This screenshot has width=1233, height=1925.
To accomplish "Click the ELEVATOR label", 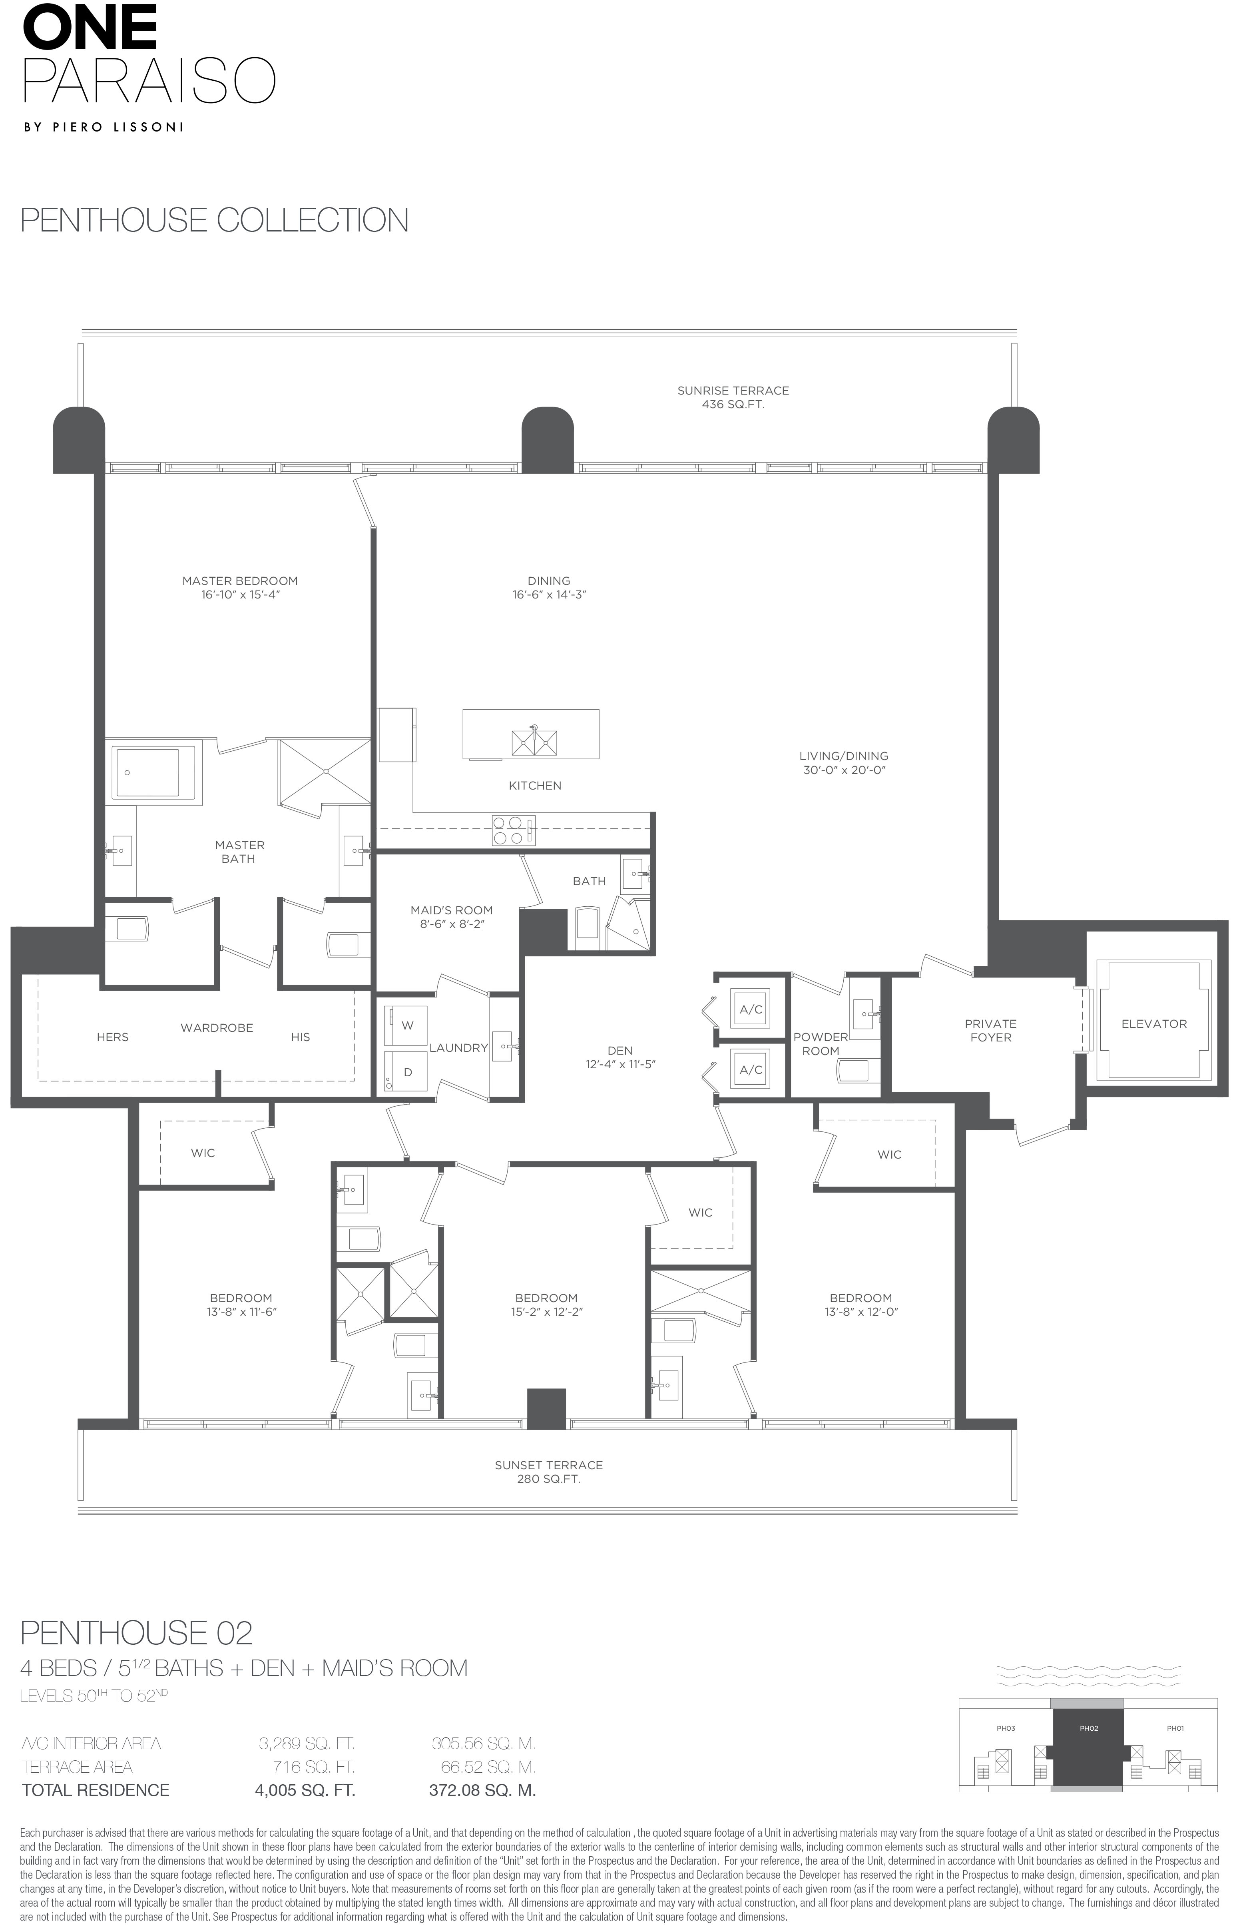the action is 1154,1023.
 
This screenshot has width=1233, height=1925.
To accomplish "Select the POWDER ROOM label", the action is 821,1043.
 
